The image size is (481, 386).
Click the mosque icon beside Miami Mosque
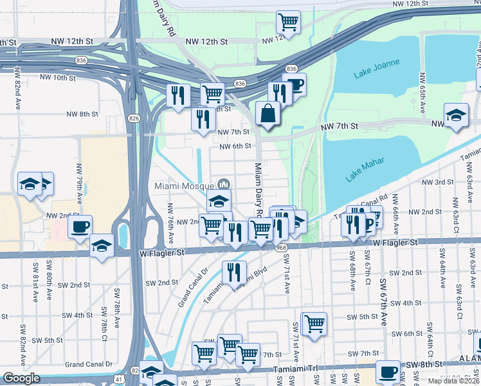pyautogui.click(x=224, y=185)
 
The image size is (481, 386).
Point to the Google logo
pyautogui.click(x=21, y=378)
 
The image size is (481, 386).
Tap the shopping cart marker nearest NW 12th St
pyautogui.click(x=288, y=22)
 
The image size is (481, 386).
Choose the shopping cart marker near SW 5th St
pyautogui.click(x=314, y=323)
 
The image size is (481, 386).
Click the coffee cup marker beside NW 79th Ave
pyautogui.click(x=80, y=226)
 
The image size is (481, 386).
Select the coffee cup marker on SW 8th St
pyautogui.click(x=388, y=371)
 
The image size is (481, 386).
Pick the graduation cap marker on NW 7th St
pyautogui.click(x=456, y=115)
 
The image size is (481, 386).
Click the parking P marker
pyautogui.click(x=368, y=223)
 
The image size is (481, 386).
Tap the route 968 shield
pyautogui.click(x=280, y=248)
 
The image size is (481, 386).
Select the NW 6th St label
pyautogui.click(x=235, y=146)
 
